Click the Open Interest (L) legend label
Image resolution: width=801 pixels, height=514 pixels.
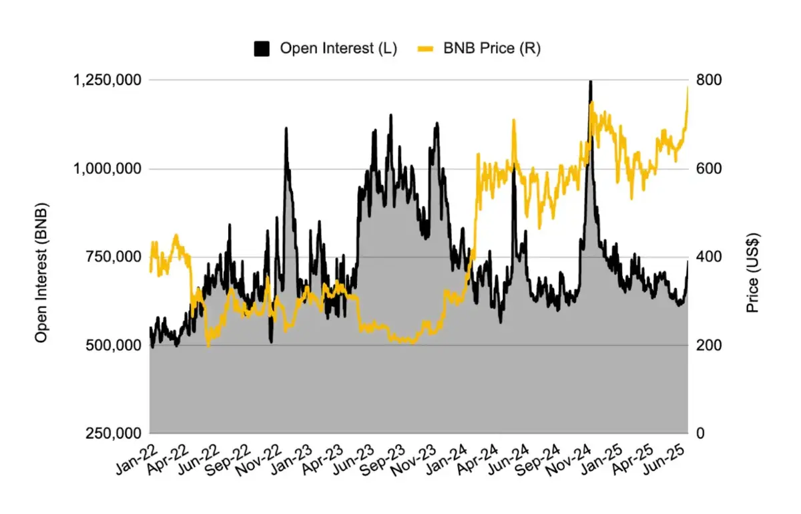click(338, 49)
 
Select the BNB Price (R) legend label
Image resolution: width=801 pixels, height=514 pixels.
click(492, 49)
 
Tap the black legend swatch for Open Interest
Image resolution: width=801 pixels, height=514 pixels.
click(262, 49)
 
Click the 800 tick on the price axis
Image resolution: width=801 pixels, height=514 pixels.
click(709, 80)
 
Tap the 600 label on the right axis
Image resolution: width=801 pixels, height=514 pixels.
click(709, 168)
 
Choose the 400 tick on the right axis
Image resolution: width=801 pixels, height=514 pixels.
click(709, 257)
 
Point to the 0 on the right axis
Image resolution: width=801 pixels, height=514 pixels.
click(701, 433)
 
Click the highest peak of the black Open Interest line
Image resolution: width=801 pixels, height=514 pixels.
click(590, 82)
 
